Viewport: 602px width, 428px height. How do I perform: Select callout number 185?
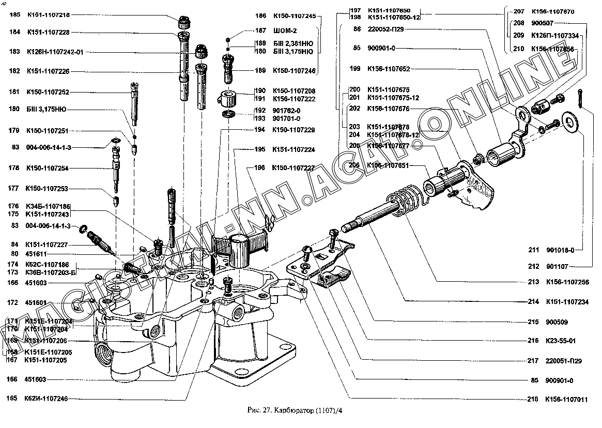pos(14,15)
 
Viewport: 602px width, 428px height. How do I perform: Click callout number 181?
pos(14,92)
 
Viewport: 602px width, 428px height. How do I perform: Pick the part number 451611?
pos(36,254)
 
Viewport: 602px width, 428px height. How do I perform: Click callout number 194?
pos(260,130)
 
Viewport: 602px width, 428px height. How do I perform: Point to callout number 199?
pos(354,68)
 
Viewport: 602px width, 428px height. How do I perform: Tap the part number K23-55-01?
pos(557,341)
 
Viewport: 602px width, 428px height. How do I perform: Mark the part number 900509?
pos(556,322)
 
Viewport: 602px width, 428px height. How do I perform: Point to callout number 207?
pos(519,11)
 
